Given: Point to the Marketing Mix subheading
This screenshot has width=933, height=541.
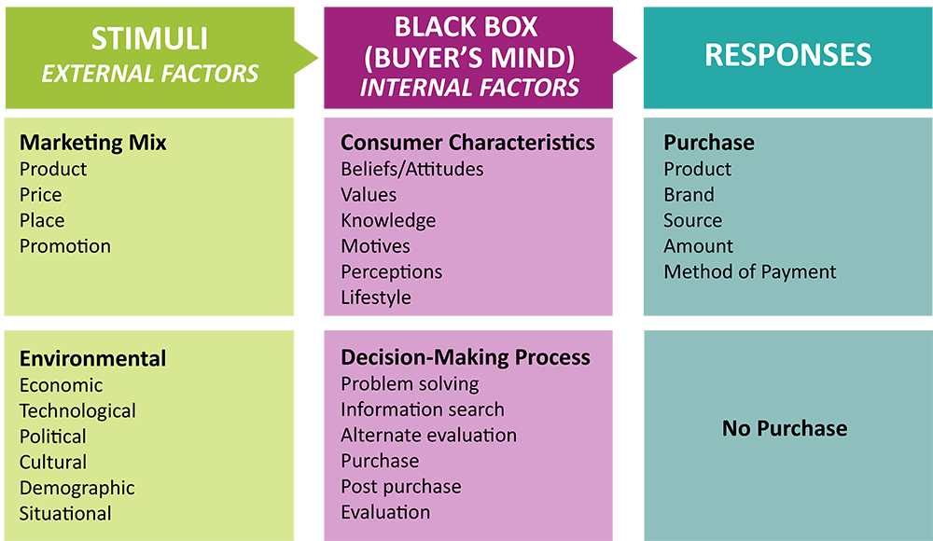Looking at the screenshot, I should click(x=93, y=143).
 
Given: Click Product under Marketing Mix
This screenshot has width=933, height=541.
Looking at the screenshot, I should click(x=53, y=169).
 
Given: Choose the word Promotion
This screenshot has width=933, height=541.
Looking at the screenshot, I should click(x=65, y=246).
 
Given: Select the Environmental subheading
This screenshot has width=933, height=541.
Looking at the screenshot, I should click(x=93, y=359).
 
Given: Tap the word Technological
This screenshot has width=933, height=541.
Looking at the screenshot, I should click(x=77, y=411).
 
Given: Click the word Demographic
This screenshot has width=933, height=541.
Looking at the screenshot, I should click(x=77, y=488).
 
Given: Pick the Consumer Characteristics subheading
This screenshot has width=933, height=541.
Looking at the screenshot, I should click(x=467, y=143).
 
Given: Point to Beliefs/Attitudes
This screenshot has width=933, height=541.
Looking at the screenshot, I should click(x=412, y=169).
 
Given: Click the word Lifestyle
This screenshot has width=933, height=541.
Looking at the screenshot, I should click(x=376, y=298).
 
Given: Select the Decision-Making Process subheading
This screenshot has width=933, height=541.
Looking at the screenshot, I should click(x=466, y=357).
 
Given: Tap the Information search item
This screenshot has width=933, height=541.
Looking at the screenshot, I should click(x=423, y=409).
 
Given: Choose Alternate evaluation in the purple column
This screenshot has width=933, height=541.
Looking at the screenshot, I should click(x=428, y=435).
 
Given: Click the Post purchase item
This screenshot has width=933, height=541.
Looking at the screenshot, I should click(x=401, y=487).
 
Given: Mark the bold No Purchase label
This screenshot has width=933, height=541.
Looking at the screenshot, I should click(x=785, y=429).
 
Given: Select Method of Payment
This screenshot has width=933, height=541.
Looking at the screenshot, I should click(x=750, y=272).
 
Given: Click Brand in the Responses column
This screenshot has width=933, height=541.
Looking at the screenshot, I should click(x=689, y=195).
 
